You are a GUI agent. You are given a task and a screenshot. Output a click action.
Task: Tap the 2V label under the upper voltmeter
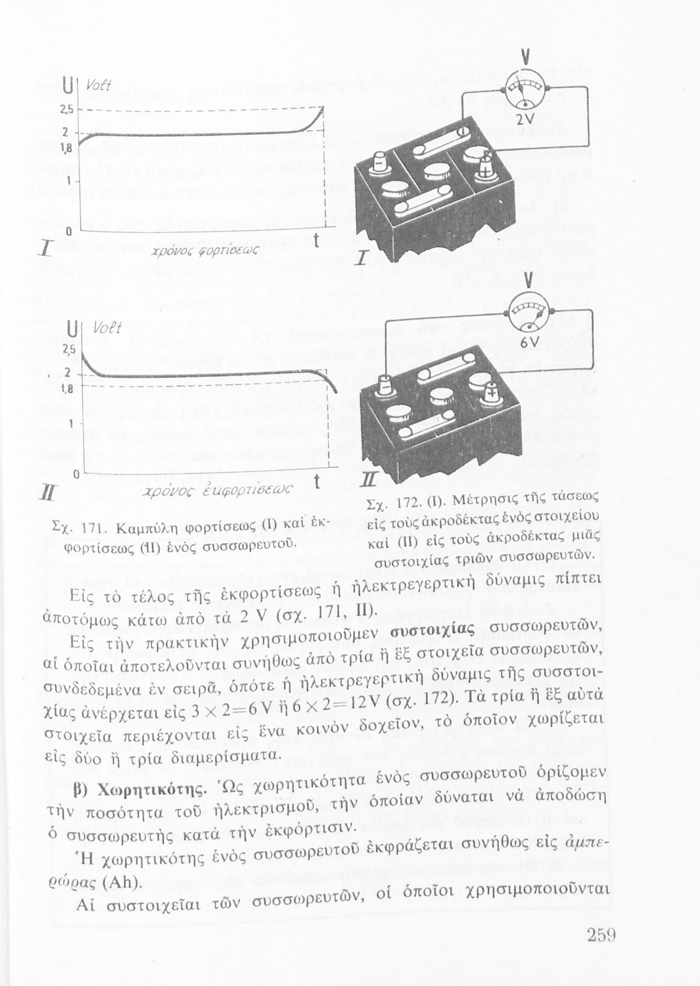tap(524, 120)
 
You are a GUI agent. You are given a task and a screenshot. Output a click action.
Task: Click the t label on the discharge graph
tap(317, 482)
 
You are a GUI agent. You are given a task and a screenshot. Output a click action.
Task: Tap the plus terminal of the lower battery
tap(492, 395)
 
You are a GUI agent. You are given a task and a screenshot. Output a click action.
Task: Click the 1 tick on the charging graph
tap(68, 179)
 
